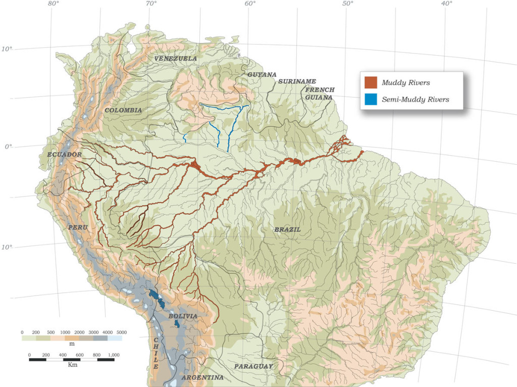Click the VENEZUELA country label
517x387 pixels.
(176, 59)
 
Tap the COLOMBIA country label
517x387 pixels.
(123, 110)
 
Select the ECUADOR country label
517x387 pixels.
(65, 154)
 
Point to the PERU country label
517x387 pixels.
(78, 227)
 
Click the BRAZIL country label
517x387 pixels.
(287, 229)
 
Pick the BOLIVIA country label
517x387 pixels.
(183, 316)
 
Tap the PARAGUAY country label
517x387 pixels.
(253, 366)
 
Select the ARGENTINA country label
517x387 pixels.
(202, 377)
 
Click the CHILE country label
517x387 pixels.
(156, 353)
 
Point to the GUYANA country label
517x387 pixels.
(262, 75)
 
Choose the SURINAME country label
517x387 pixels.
(297, 81)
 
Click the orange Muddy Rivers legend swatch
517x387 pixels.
(371, 82)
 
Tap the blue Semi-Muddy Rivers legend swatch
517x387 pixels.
(371, 99)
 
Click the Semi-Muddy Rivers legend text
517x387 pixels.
(416, 100)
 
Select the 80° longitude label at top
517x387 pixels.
(54, 4)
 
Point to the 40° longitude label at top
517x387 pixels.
(446, 4)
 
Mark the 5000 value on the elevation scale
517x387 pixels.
(122, 332)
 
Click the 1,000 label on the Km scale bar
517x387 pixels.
(113, 355)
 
